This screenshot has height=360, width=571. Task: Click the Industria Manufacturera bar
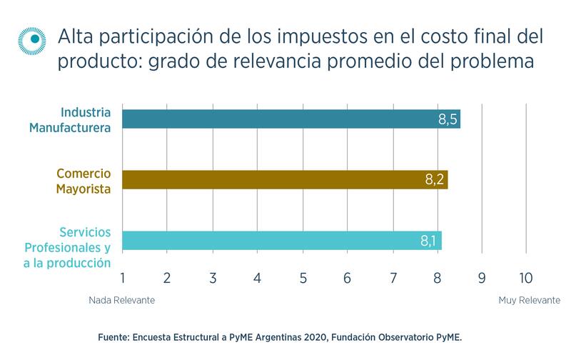285,119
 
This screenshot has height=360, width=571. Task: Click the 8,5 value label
448,119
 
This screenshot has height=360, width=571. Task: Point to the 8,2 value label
435,180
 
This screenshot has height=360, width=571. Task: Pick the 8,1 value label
429,241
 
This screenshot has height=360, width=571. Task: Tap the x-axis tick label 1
123,276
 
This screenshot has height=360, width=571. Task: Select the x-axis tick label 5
303,276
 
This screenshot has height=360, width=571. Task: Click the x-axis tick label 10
525,276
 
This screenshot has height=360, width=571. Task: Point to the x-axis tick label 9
482,276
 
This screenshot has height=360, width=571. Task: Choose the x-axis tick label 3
213,276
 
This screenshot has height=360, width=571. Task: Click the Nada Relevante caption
121,301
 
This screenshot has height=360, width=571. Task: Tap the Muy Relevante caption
529,301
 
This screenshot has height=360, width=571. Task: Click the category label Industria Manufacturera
84,120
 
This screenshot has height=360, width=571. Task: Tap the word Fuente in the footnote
112,335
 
